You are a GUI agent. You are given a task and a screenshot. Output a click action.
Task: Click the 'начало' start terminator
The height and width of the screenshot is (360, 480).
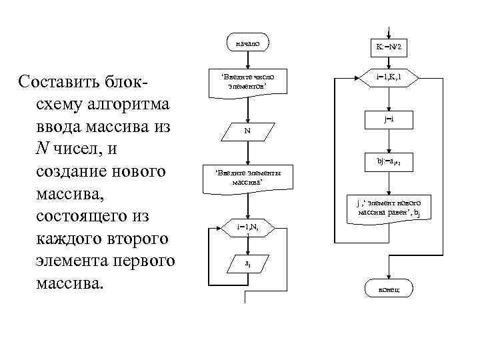pyautogui.click(x=247, y=43)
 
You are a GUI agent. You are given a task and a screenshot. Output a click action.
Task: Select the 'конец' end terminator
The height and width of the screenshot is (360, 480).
pyautogui.click(x=389, y=288)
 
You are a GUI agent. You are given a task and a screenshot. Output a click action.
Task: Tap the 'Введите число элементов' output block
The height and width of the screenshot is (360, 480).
pyautogui.click(x=247, y=82)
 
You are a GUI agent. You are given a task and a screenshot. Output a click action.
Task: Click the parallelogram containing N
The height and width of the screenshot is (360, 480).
pyautogui.click(x=247, y=130)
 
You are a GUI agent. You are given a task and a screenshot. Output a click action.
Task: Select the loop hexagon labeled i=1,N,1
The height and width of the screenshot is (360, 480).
pyautogui.click(x=247, y=229)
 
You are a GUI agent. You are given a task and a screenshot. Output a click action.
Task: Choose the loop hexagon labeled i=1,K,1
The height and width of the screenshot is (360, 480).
pyautogui.click(x=389, y=78)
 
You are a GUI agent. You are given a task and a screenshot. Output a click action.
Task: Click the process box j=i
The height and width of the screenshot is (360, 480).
pyautogui.click(x=389, y=119)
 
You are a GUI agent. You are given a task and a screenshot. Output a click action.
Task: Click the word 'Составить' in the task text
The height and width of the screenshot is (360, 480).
pyautogui.click(x=60, y=83)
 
